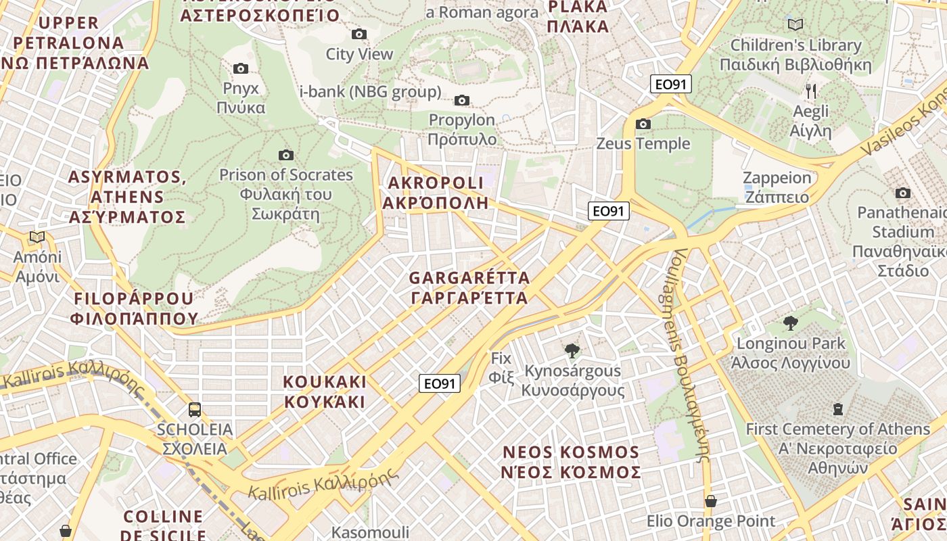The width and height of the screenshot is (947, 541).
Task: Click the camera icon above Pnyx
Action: (240, 68)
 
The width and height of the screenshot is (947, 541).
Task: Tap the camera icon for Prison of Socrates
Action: (286, 155)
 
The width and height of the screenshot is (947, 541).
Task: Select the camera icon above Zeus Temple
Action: (643, 124)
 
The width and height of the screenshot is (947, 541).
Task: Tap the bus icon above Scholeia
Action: (195, 409)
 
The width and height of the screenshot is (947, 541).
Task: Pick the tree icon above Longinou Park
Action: (790, 323)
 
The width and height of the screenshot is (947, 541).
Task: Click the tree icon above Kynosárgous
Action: (572, 350)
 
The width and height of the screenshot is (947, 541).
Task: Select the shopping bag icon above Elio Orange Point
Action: (710, 501)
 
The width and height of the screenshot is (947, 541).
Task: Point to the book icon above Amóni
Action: (37, 237)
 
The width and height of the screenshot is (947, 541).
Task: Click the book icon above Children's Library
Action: (795, 25)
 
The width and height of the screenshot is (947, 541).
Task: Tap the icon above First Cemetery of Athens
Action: (838, 408)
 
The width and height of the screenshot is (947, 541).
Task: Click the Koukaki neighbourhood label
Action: (325, 392)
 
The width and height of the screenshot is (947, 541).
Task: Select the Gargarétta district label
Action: (469, 288)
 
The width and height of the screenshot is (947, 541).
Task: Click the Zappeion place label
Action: (777, 187)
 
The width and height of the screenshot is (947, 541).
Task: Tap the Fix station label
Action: (501, 367)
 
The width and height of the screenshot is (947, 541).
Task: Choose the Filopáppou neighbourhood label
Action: (134, 308)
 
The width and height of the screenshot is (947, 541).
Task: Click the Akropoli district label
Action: (436, 193)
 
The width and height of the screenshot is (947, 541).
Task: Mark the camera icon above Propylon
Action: (462, 101)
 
